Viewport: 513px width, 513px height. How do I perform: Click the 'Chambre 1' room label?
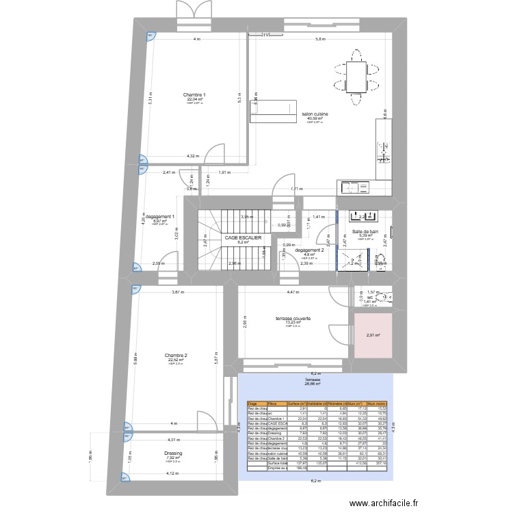[196, 94]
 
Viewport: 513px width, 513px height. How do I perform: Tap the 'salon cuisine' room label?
[315, 114]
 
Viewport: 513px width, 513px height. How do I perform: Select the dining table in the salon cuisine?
[356, 75]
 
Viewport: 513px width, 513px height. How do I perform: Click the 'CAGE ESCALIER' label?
[243, 237]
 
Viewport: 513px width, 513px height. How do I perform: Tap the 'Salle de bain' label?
[367, 233]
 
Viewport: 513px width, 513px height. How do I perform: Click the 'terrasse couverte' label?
[293, 318]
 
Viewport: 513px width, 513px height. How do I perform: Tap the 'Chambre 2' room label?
[176, 356]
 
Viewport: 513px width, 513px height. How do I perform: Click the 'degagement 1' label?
[160, 217]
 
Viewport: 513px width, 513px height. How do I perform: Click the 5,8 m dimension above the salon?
[320, 39]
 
